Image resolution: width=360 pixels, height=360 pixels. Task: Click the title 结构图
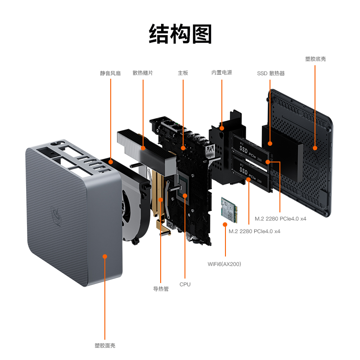pyautogui.click(x=180, y=34)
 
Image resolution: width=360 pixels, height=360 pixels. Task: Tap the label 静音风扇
pyautogui.click(x=110, y=73)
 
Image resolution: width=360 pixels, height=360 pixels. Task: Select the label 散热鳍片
pyautogui.click(x=143, y=73)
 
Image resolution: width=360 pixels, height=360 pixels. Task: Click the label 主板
pyautogui.click(x=183, y=73)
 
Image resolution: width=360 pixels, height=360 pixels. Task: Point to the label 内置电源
pyautogui.click(x=222, y=72)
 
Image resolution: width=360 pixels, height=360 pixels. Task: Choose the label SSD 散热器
pyautogui.click(x=270, y=73)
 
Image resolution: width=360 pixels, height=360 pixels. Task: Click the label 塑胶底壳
pyautogui.click(x=315, y=59)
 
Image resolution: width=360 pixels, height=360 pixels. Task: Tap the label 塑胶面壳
pyautogui.click(x=105, y=346)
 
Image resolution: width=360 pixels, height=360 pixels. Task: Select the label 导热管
pyautogui.click(x=161, y=289)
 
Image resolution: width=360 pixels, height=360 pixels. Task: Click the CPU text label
pyautogui.click(x=185, y=284)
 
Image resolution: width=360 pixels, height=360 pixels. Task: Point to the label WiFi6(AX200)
pyautogui.click(x=224, y=264)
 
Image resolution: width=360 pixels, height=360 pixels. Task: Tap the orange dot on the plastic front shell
pyautogui.click(x=105, y=256)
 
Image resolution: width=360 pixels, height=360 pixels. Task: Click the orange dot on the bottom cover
pyautogui.click(x=315, y=147)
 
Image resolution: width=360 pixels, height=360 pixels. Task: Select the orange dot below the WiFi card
pyautogui.click(x=224, y=223)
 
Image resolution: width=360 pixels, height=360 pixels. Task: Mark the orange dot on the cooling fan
pyautogui.click(x=110, y=161)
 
